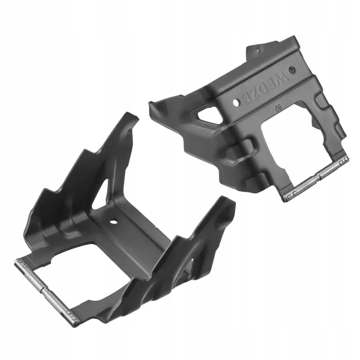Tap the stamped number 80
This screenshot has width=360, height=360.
click(x=278, y=109)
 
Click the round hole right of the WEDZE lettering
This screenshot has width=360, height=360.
click(x=292, y=70)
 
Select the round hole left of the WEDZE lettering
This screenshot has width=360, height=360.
click(x=236, y=102)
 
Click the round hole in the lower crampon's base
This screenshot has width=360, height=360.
click(x=113, y=222)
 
